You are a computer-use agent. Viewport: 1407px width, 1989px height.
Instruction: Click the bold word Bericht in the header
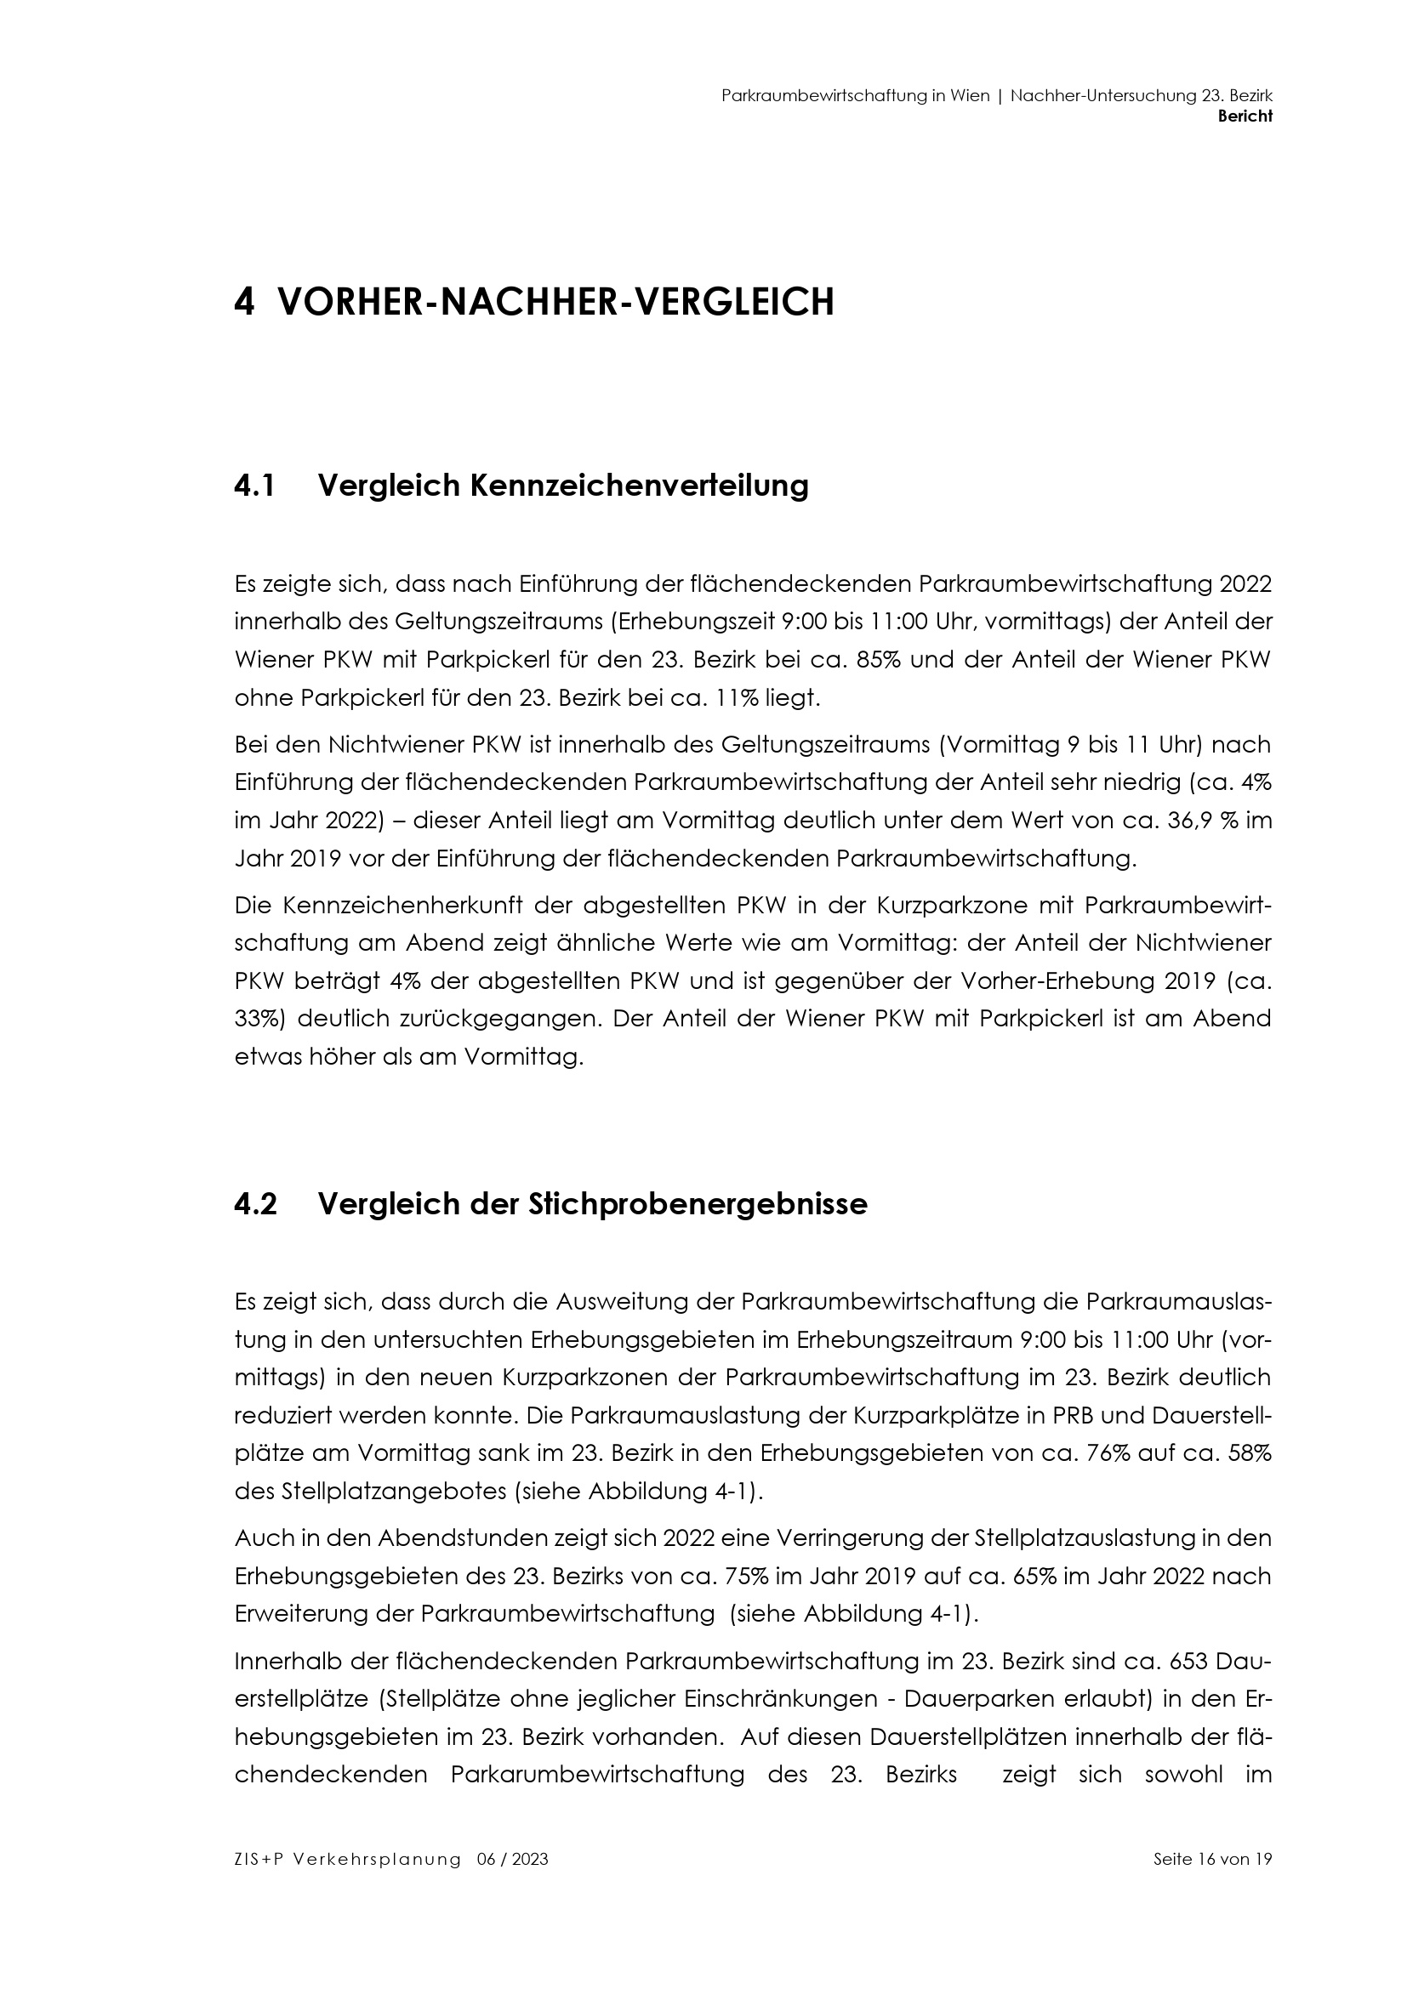coord(1245,117)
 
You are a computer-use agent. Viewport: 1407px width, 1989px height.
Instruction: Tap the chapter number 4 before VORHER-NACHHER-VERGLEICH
coord(244,303)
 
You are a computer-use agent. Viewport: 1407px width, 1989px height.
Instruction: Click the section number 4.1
coord(254,486)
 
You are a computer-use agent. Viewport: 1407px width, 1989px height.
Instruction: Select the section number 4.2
coord(255,1204)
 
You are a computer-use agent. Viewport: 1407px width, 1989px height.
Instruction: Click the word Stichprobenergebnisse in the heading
coord(698,1204)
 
